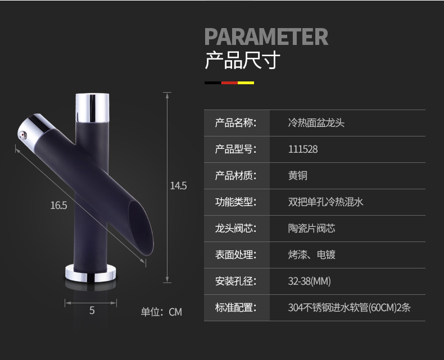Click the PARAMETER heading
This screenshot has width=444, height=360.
[x=266, y=37]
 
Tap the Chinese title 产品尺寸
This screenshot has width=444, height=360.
[x=242, y=60]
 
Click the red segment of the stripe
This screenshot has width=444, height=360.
[x=229, y=83]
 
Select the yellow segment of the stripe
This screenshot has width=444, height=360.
[x=246, y=83]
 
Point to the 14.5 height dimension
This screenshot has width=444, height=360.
[x=178, y=186]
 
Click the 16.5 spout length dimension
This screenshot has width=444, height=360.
[x=58, y=206]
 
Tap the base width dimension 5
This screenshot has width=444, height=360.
[x=92, y=310]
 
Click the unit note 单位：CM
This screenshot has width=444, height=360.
[x=161, y=312]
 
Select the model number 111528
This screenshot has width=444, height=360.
[x=303, y=149]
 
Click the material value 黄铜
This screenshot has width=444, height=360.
[x=298, y=176]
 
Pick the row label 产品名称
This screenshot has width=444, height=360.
[x=235, y=123]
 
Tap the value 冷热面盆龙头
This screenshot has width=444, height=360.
[x=316, y=123]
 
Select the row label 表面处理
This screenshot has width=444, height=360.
[x=235, y=254]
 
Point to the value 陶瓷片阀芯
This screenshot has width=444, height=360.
[x=311, y=228]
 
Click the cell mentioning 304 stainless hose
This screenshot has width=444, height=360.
[x=353, y=307]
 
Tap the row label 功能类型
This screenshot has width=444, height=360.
[x=235, y=202]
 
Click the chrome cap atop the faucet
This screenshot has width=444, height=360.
[x=92, y=105]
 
